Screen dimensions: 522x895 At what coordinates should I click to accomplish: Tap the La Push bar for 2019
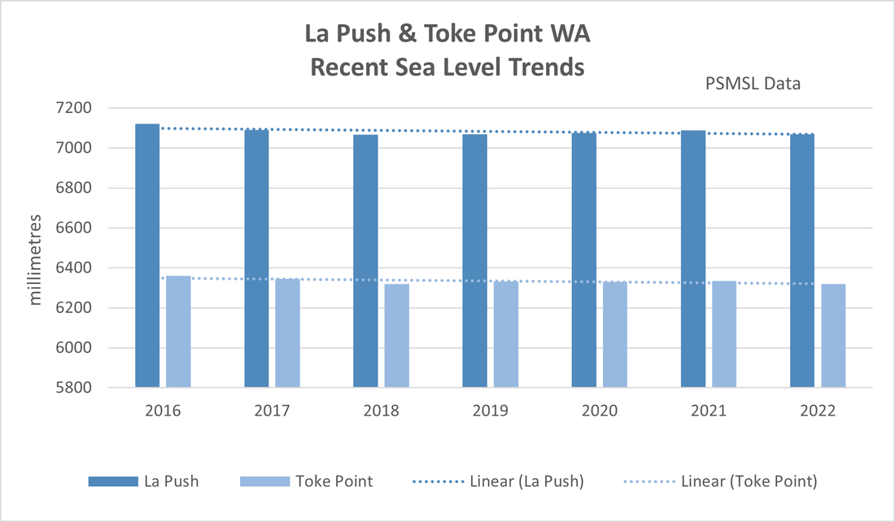474,260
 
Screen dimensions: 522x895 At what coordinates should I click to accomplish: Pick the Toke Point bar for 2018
397,335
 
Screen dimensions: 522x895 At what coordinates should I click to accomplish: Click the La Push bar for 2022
802,260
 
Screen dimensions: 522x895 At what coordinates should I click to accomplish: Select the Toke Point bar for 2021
724,333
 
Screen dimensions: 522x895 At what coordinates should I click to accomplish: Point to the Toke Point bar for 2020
615,334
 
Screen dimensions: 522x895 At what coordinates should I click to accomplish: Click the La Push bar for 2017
256,258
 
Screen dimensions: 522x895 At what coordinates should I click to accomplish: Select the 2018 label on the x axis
381,411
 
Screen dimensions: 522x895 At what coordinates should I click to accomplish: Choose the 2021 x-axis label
709,411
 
